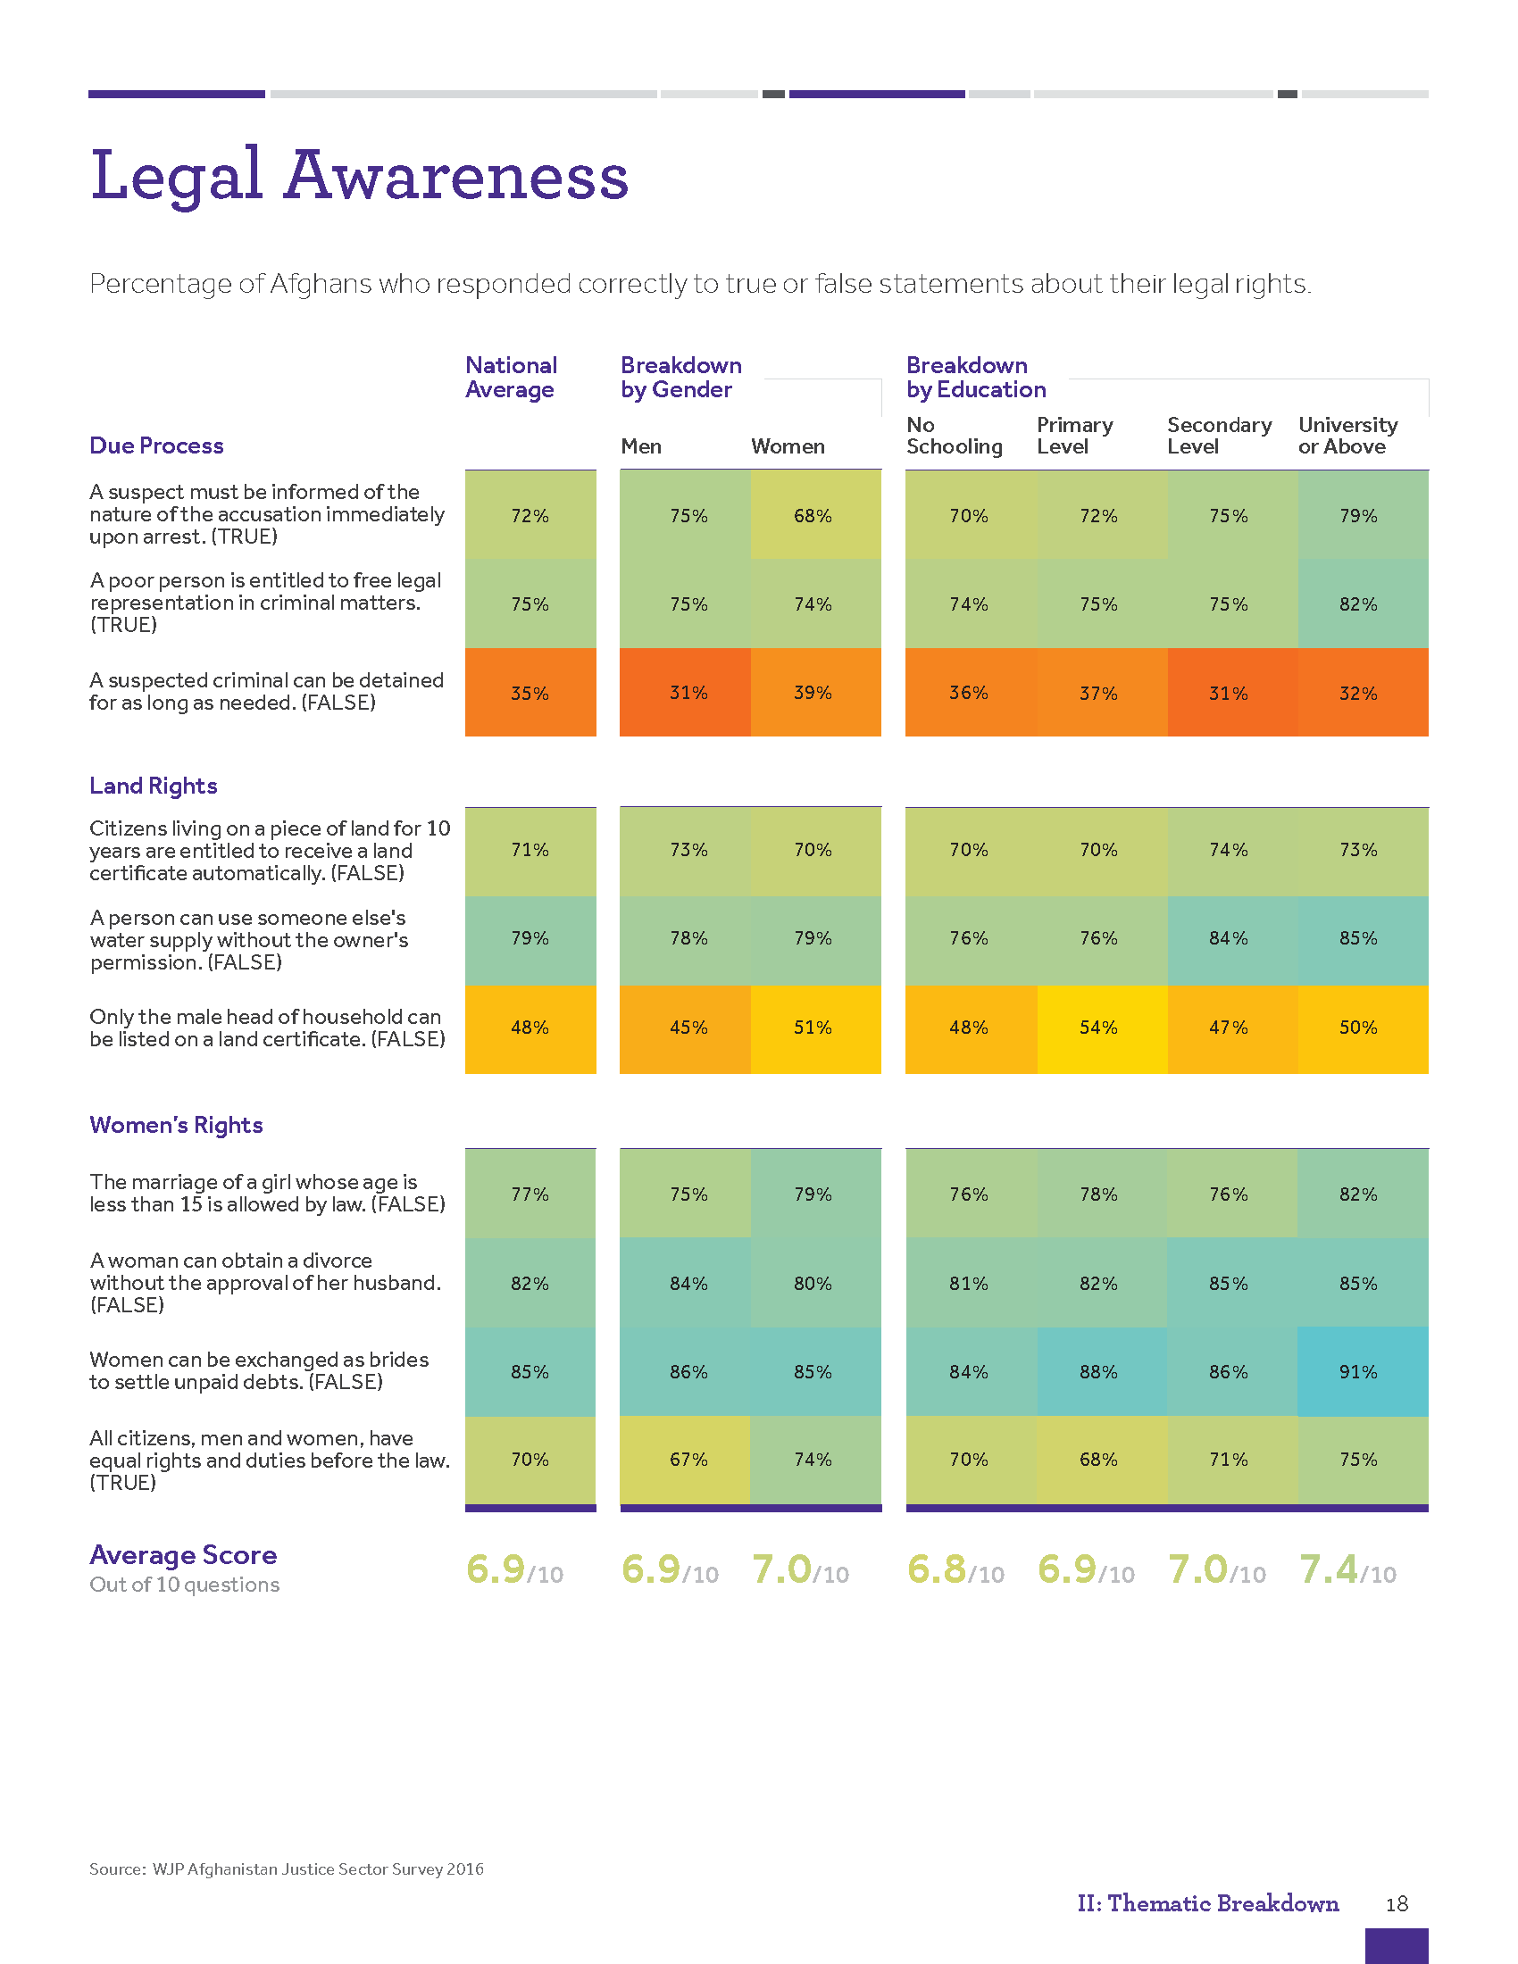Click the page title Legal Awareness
pyautogui.click(x=359, y=174)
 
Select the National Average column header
pyautogui.click(x=511, y=378)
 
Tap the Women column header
pyautogui.click(x=788, y=446)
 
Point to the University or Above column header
pyautogui.click(x=1347, y=436)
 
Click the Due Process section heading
pyautogui.click(x=156, y=445)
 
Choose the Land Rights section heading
pyautogui.click(x=153, y=786)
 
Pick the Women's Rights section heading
pyautogui.click(x=176, y=1125)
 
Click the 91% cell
pyautogui.click(x=1358, y=1371)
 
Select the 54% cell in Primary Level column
pyautogui.click(x=1098, y=1027)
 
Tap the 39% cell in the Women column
pyautogui.click(x=813, y=693)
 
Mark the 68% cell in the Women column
pyautogui.click(x=813, y=515)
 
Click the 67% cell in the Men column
pyautogui.click(x=688, y=1459)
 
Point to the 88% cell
pyautogui.click(x=1098, y=1371)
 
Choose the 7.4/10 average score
pyautogui.click(x=1347, y=1570)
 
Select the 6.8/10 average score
pyautogui.click(x=955, y=1570)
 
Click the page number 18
pyautogui.click(x=1397, y=1904)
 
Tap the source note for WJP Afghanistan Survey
pyautogui.click(x=286, y=1868)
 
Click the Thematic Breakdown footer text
pyautogui.click(x=1208, y=1904)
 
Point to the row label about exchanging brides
pyautogui.click(x=259, y=1370)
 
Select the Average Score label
pyautogui.click(x=183, y=1555)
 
